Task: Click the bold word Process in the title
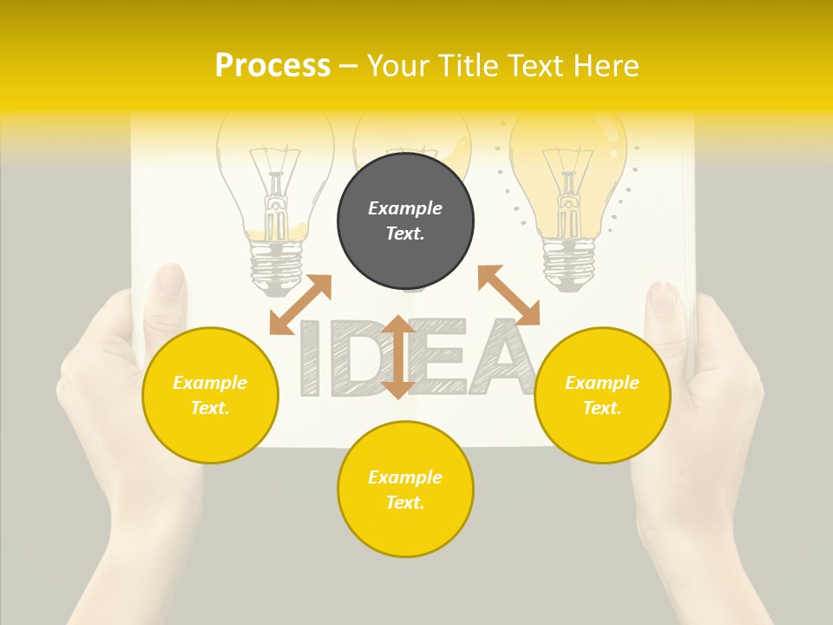point(272,65)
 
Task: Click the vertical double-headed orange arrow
point(397,357)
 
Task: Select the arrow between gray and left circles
point(300,304)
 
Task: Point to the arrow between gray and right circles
point(508,295)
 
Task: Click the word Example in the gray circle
point(405,208)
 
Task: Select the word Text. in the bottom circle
point(405,503)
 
